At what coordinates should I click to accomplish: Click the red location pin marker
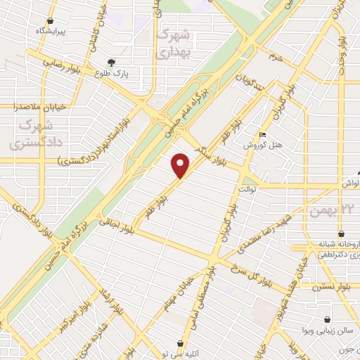[181, 165]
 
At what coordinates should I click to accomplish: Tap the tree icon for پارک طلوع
[111, 62]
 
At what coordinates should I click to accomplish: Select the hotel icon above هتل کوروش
[262, 134]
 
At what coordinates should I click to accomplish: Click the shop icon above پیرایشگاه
[50, 21]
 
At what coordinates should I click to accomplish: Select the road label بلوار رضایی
[61, 62]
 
